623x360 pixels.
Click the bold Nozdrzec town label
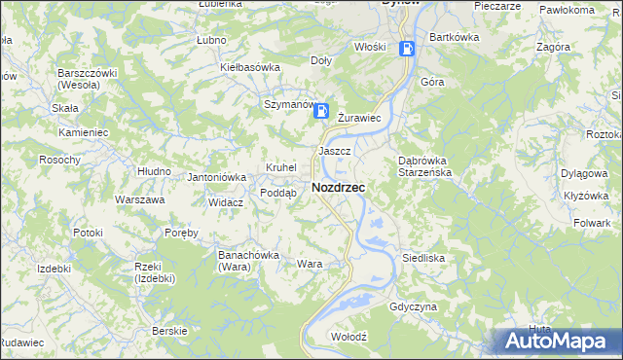tap(338, 187)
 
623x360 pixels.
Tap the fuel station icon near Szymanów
tap(320, 112)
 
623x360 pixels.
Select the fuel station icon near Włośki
tap(408, 47)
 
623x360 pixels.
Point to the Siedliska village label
tap(423, 258)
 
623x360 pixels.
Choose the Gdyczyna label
tap(413, 306)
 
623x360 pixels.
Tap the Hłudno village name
tap(154, 170)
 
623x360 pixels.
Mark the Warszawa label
tap(139, 199)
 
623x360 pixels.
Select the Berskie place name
tap(170, 331)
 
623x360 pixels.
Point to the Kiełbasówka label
tap(250, 67)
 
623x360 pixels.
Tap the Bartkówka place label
tap(455, 37)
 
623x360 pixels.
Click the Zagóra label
tap(553, 46)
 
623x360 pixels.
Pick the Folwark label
tap(592, 223)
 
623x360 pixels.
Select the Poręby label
tap(182, 233)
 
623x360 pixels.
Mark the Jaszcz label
tap(334, 152)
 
